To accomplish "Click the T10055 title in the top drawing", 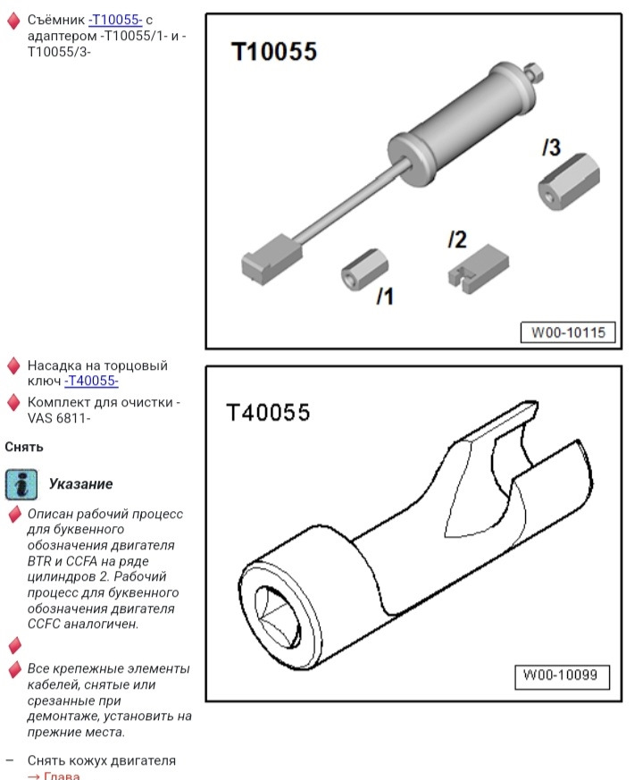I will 274,53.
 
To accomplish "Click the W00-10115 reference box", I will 568,332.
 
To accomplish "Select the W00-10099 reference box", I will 562,675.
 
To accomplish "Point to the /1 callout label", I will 385,296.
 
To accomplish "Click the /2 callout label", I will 456,239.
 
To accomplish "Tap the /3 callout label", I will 551,147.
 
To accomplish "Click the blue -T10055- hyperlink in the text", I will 116,19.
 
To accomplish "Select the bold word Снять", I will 24,447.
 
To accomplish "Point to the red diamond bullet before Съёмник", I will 13,20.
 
